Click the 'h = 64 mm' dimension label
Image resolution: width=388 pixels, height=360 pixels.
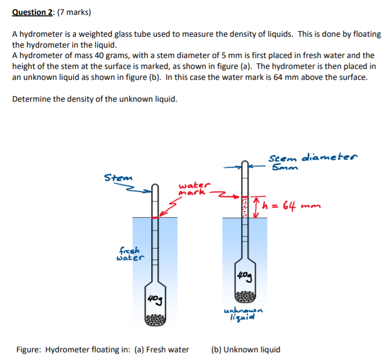[295, 205]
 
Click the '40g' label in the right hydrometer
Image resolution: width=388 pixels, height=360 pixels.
[244, 276]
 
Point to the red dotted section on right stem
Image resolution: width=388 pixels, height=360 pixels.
[244, 207]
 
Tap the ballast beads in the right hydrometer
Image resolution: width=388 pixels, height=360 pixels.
[244, 294]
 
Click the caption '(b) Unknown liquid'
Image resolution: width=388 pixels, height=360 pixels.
[246, 349]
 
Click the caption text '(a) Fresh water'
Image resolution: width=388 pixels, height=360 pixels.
[162, 349]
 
